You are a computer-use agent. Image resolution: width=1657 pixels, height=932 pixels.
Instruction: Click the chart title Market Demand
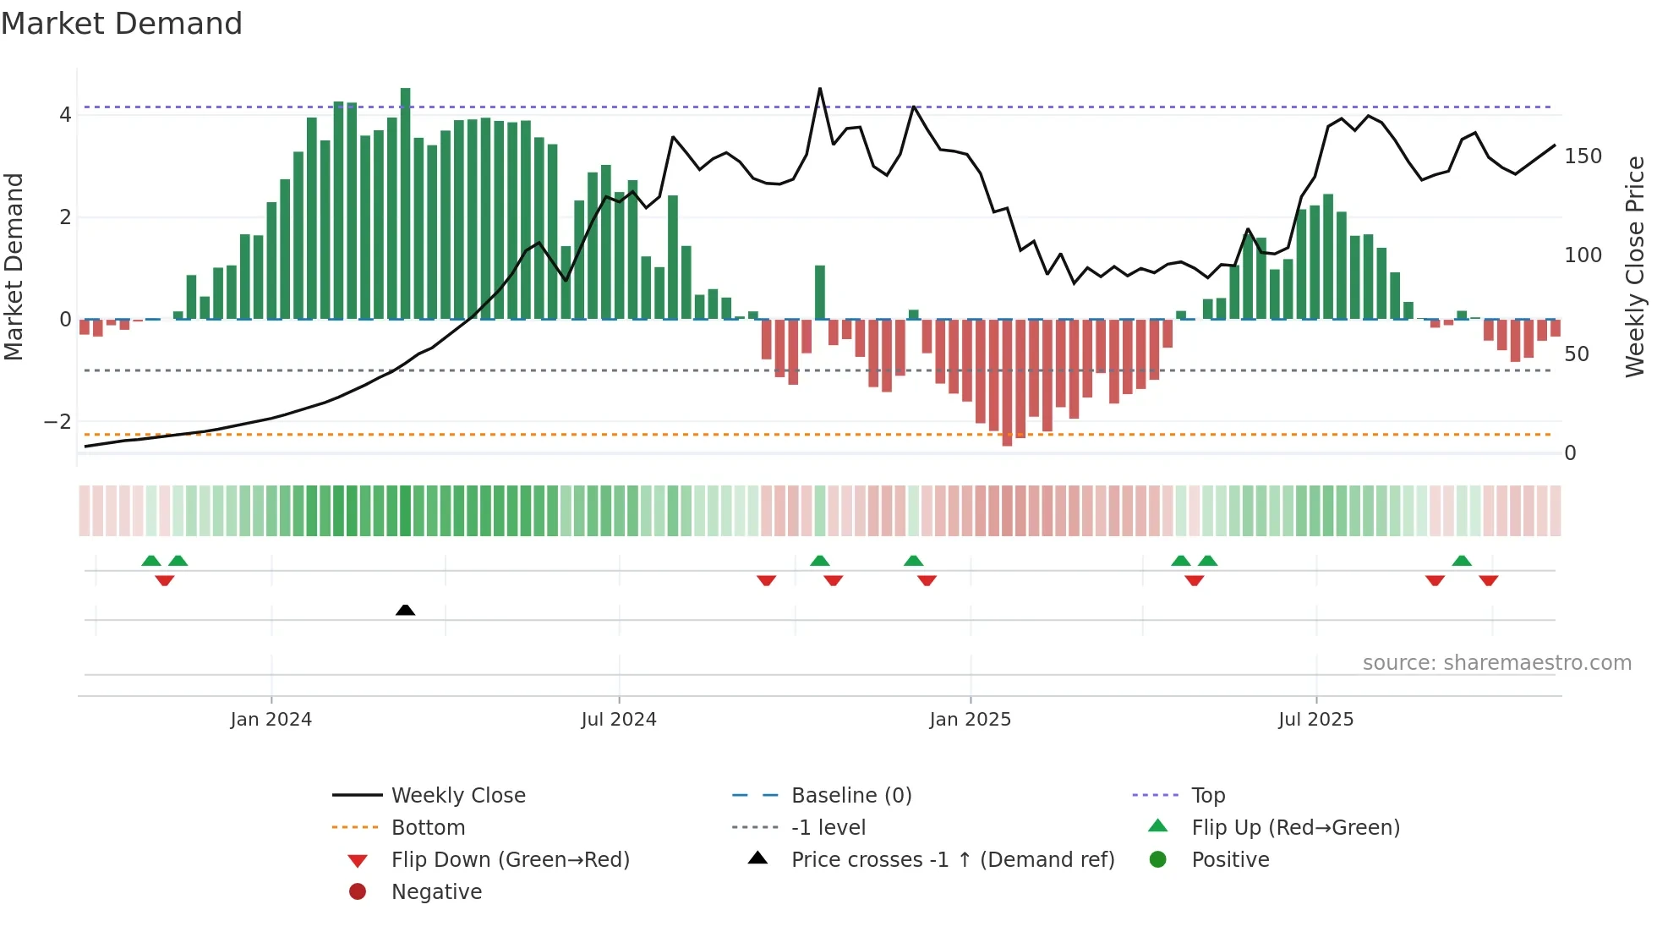click(122, 24)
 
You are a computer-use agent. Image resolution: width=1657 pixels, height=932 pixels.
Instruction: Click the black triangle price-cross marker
click(405, 610)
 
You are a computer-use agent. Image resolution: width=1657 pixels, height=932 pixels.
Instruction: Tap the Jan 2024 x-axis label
click(271, 720)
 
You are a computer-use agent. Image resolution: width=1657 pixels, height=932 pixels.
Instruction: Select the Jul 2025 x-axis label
click(1315, 720)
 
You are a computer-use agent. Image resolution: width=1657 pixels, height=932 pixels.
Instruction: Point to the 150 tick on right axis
click(1583, 156)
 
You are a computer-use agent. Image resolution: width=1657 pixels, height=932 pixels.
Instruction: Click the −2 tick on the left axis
click(58, 421)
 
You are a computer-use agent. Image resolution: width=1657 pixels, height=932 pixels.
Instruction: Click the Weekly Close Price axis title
click(1635, 266)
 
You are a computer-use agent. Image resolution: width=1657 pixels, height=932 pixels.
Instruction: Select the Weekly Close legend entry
click(457, 796)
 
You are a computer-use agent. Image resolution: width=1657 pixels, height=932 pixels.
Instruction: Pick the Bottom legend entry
click(428, 828)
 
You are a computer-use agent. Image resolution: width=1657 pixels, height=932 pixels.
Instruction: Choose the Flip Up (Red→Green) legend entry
click(1295, 828)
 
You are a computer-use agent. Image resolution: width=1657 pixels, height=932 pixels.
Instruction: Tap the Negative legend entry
click(436, 892)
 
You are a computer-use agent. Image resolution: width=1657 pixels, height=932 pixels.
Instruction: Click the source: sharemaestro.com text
click(1496, 663)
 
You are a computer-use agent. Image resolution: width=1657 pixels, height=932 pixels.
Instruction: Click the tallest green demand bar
click(406, 203)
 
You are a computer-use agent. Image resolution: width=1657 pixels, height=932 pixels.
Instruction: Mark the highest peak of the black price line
click(819, 89)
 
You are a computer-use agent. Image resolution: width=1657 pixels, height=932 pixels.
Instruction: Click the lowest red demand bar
click(1007, 382)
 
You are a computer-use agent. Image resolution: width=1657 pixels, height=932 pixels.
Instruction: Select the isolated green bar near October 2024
click(820, 292)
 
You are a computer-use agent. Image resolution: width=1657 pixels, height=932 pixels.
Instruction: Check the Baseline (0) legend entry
click(850, 796)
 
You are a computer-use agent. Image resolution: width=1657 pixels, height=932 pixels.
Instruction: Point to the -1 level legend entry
click(828, 828)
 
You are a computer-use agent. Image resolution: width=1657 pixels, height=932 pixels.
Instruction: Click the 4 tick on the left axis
click(65, 114)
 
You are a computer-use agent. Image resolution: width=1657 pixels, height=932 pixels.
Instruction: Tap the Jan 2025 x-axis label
click(970, 720)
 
